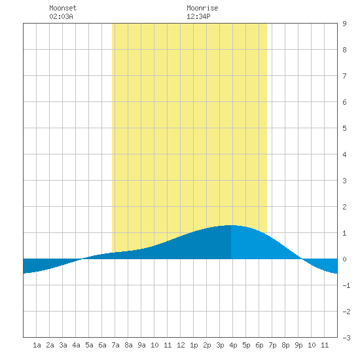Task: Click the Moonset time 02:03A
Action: point(61,16)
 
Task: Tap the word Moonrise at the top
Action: point(202,8)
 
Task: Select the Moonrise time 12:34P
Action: point(198,16)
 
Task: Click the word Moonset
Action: point(63,8)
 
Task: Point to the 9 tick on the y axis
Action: point(344,24)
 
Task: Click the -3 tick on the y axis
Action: point(346,338)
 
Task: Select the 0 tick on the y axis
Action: point(344,259)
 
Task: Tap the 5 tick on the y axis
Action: point(344,128)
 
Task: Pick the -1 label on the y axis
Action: point(346,285)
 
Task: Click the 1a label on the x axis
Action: point(37,345)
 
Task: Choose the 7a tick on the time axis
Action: point(115,345)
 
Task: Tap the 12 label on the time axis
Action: point(181,345)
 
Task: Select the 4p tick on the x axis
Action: point(233,345)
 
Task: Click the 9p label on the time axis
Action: point(298,345)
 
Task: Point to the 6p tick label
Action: point(259,345)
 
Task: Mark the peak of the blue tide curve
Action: point(231,225)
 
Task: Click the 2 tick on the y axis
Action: point(344,207)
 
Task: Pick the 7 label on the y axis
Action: point(344,76)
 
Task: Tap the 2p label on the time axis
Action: point(207,345)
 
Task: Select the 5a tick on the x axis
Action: point(89,345)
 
